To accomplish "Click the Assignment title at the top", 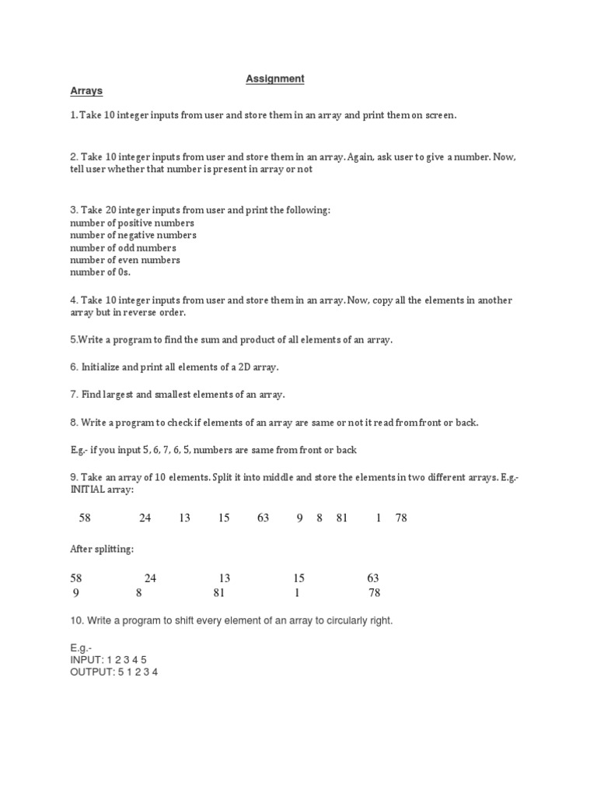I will [x=275, y=79].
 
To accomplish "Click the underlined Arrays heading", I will [x=86, y=91].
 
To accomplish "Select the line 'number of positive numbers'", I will [x=132, y=223].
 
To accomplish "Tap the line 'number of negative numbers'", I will [x=133, y=235].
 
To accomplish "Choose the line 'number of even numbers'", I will [x=125, y=260].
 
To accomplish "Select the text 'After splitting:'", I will [x=102, y=549].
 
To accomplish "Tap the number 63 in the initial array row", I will [x=263, y=518].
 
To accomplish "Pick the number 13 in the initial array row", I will [x=184, y=518].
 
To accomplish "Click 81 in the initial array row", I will [x=342, y=518].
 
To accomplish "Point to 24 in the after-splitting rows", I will [x=151, y=578].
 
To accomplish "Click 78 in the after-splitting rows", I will [x=374, y=592].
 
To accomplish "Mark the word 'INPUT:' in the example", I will [x=87, y=659].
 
